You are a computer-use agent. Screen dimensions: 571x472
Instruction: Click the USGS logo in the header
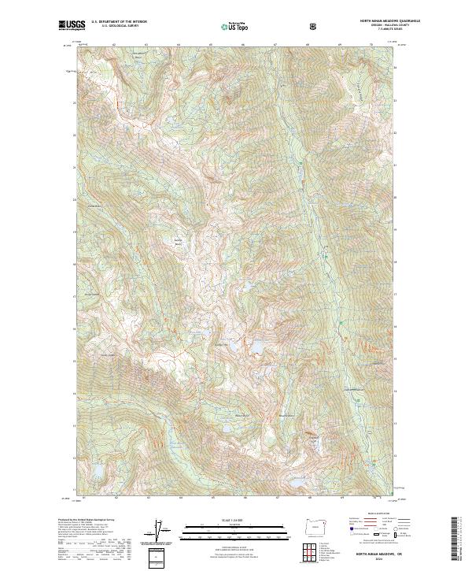[72, 26]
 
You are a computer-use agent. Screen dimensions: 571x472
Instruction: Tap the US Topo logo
[231, 28]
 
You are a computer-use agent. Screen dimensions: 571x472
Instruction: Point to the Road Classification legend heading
[367, 514]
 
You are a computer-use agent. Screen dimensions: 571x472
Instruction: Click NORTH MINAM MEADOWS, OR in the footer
[367, 553]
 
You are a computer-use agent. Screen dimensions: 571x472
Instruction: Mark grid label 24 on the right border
[395, 69]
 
